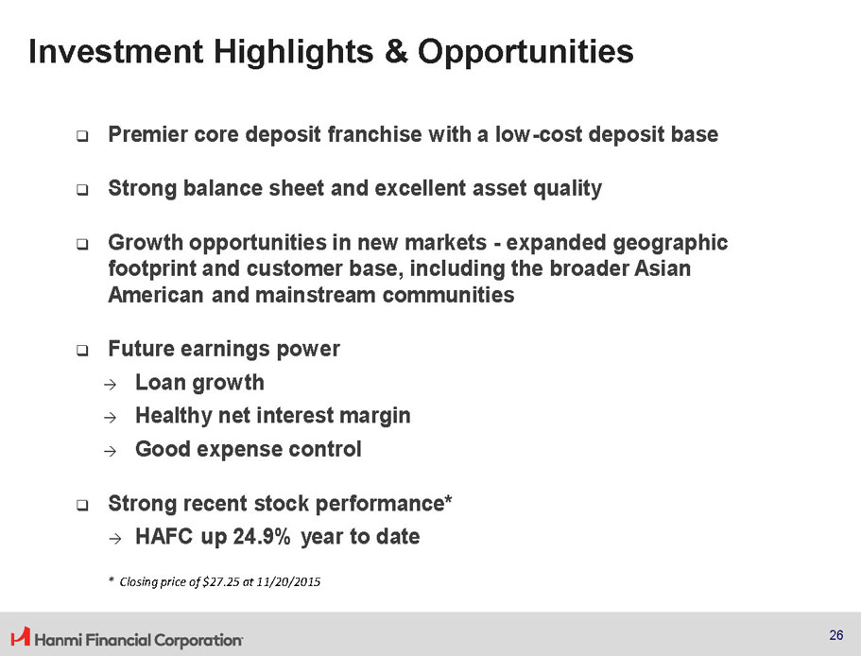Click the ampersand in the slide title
pos(396,51)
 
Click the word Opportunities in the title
pos(525,53)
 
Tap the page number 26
pos(836,635)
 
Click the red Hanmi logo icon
pos(20,636)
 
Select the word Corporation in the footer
pos(198,640)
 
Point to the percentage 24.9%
pos(262,536)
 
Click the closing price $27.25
pos(221,582)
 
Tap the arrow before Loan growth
pos(111,385)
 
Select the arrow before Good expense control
pos(111,451)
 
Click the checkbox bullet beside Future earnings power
pos(82,350)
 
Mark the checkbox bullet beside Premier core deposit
pos(82,135)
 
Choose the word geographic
pos(670,243)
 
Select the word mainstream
pos(315,295)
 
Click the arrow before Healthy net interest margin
pos(111,418)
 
